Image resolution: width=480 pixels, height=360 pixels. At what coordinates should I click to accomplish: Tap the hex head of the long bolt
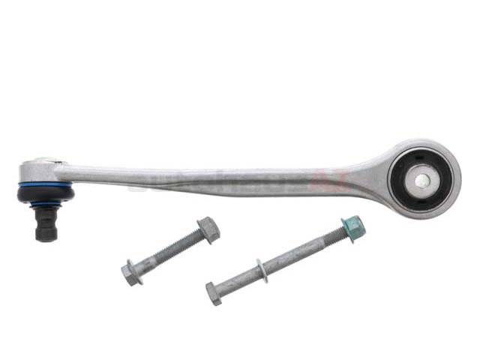[x=214, y=293]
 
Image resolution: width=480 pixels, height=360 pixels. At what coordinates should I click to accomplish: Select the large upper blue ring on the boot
[x=45, y=183]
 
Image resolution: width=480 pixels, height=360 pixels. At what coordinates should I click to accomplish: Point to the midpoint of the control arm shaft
[x=225, y=180]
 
